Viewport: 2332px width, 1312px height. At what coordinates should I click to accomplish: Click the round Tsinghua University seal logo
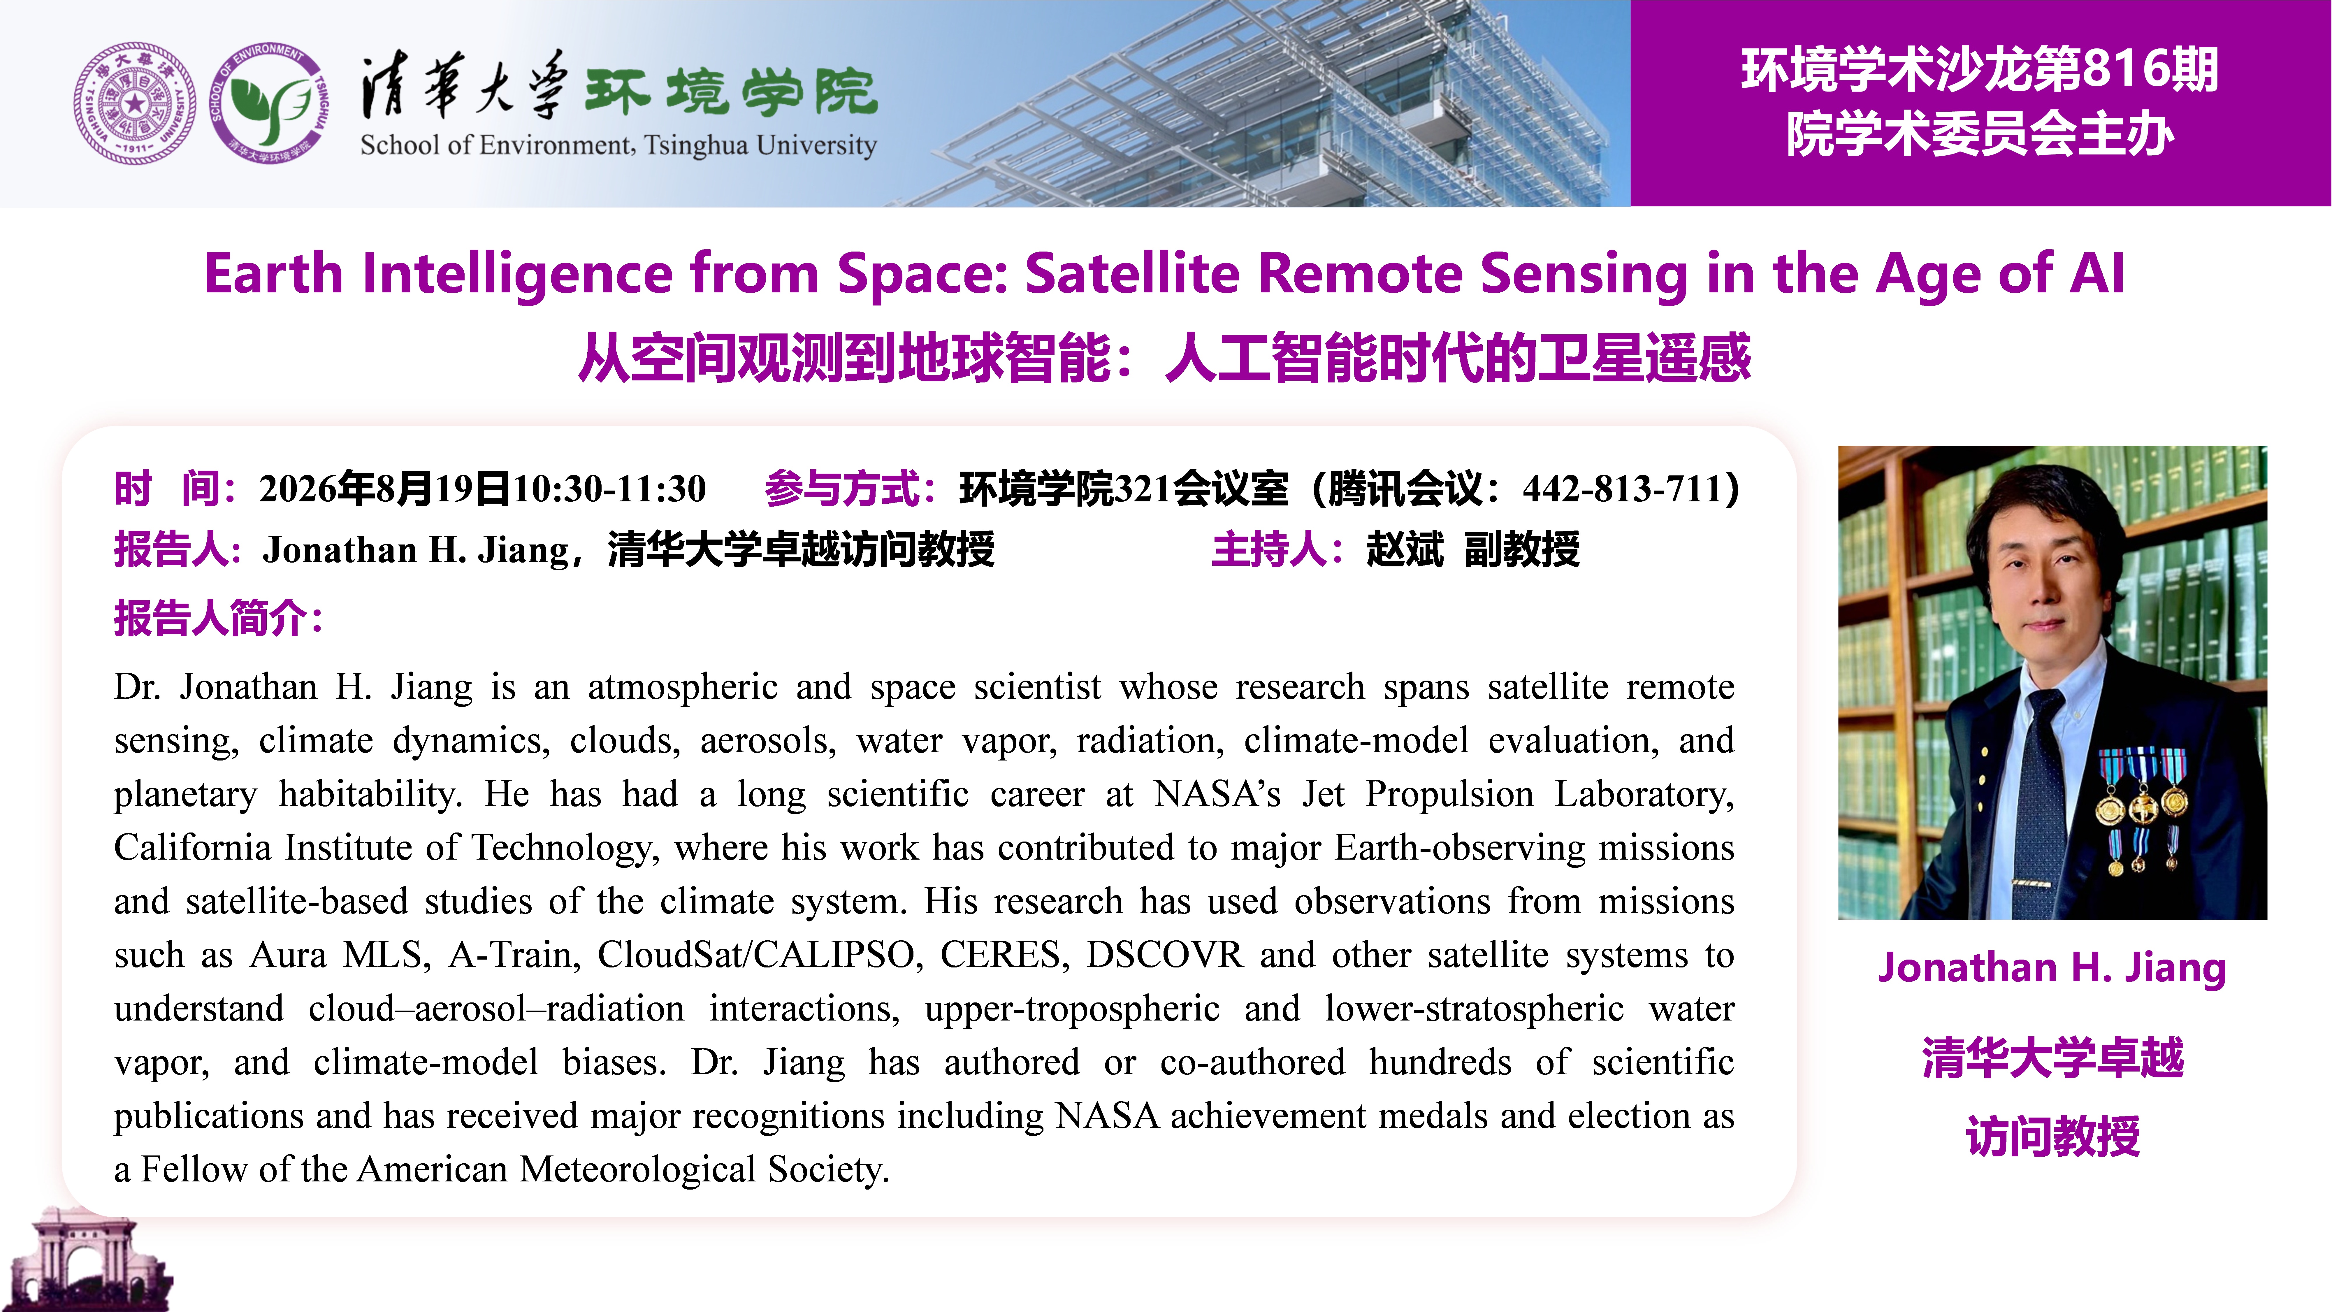tap(134, 103)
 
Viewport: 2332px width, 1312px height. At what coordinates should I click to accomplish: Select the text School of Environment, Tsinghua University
tap(618, 145)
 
